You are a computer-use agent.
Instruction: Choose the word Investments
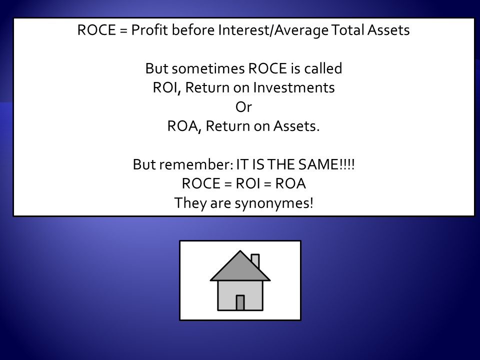(x=294, y=87)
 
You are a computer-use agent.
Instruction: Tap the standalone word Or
(x=243, y=107)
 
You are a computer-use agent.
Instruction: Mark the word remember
(x=196, y=164)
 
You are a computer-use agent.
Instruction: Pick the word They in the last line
(x=190, y=203)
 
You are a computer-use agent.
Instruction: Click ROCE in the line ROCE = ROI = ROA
(x=201, y=183)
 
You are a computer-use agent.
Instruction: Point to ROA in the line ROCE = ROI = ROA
(x=290, y=183)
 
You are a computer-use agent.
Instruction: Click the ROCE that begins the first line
(x=96, y=30)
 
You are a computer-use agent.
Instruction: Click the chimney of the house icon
(x=255, y=261)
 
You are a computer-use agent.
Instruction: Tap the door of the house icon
(x=240, y=303)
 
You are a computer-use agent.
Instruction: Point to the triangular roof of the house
(x=240, y=269)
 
